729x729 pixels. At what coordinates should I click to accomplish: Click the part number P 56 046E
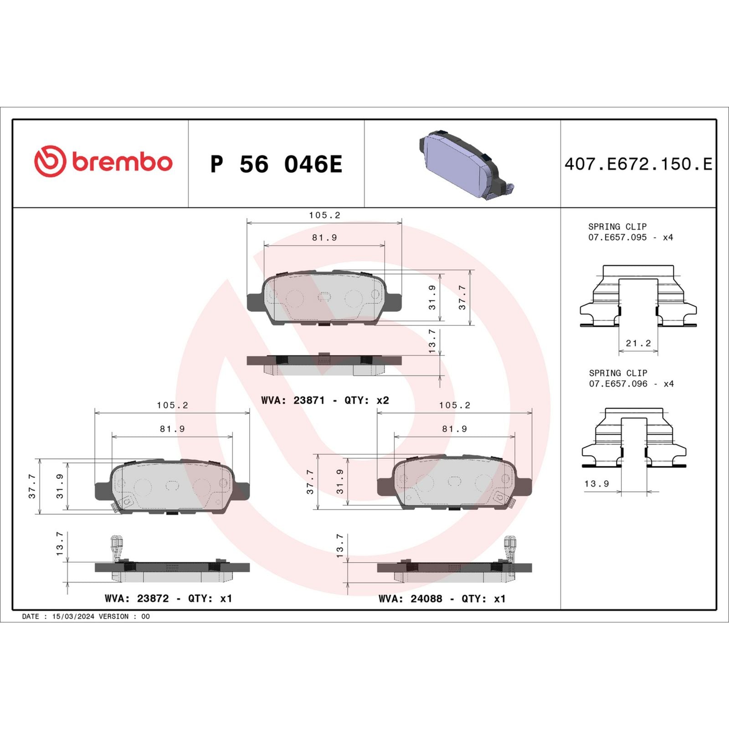276,164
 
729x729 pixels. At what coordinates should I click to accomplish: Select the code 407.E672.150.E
638,164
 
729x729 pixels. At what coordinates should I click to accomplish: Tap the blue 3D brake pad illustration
465,164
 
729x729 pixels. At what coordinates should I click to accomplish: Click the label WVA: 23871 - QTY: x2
325,400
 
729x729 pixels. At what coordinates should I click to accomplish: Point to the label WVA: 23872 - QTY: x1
168,598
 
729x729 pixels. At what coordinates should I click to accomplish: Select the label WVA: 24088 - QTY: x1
442,598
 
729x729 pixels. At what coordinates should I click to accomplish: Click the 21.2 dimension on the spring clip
638,343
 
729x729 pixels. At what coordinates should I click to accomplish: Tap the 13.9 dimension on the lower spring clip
596,483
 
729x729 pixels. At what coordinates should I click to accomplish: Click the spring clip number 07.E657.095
617,237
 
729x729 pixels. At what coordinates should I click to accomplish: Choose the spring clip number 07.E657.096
618,384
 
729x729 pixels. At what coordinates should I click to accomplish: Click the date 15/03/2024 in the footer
73,616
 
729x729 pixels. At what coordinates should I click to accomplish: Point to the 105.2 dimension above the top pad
324,215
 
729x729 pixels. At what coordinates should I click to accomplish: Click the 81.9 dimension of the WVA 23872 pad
172,429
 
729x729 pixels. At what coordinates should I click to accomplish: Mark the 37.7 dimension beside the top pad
462,298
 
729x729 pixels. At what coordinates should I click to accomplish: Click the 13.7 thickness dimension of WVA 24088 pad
340,546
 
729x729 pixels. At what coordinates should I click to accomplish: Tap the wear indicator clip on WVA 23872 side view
117,547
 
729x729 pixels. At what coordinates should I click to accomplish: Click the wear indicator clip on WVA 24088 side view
510,547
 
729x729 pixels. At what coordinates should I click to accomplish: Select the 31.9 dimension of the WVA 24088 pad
340,482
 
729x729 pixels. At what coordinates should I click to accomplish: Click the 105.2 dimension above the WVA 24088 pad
454,405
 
